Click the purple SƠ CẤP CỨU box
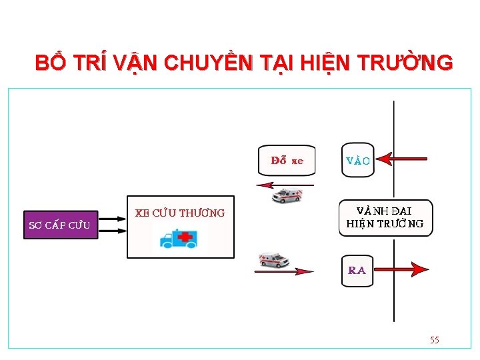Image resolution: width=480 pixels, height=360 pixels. click(59, 225)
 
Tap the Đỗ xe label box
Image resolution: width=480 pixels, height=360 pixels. click(287, 161)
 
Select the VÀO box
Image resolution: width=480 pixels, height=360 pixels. click(358, 160)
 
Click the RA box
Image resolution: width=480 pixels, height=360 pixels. click(357, 271)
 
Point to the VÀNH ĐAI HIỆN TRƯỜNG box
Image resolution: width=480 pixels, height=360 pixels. click(385, 218)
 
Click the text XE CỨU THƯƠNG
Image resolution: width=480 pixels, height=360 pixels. click(180, 213)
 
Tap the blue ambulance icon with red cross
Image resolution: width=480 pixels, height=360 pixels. click(179, 238)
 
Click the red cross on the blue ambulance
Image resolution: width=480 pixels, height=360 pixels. click(185, 237)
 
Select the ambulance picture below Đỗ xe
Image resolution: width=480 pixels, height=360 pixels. click(287, 196)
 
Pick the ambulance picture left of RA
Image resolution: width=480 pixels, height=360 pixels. click(274, 259)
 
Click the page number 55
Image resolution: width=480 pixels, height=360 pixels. click(435, 340)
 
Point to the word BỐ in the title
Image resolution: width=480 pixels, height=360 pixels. click(50, 63)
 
